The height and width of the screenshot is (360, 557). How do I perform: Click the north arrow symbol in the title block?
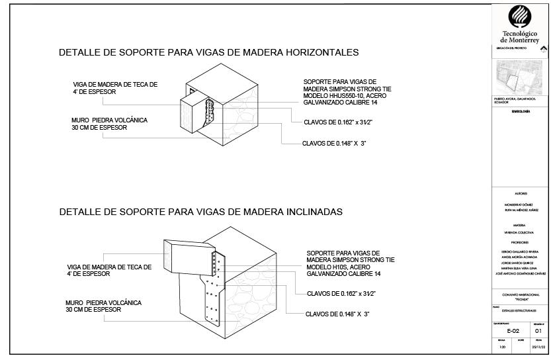click(544, 48)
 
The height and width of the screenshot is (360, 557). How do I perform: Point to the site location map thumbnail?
click(518, 76)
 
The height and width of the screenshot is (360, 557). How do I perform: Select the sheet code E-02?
click(513, 330)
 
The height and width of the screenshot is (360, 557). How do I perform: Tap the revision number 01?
click(538, 330)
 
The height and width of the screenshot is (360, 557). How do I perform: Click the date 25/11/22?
click(538, 347)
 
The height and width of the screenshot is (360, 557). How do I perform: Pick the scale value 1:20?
click(502, 347)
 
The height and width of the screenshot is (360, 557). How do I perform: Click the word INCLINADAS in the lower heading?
click(310, 212)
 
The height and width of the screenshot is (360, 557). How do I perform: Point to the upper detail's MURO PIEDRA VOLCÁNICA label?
click(109, 120)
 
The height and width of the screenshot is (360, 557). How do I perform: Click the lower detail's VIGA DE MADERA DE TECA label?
click(109, 267)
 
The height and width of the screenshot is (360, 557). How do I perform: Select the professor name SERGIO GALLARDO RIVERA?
click(521, 251)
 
